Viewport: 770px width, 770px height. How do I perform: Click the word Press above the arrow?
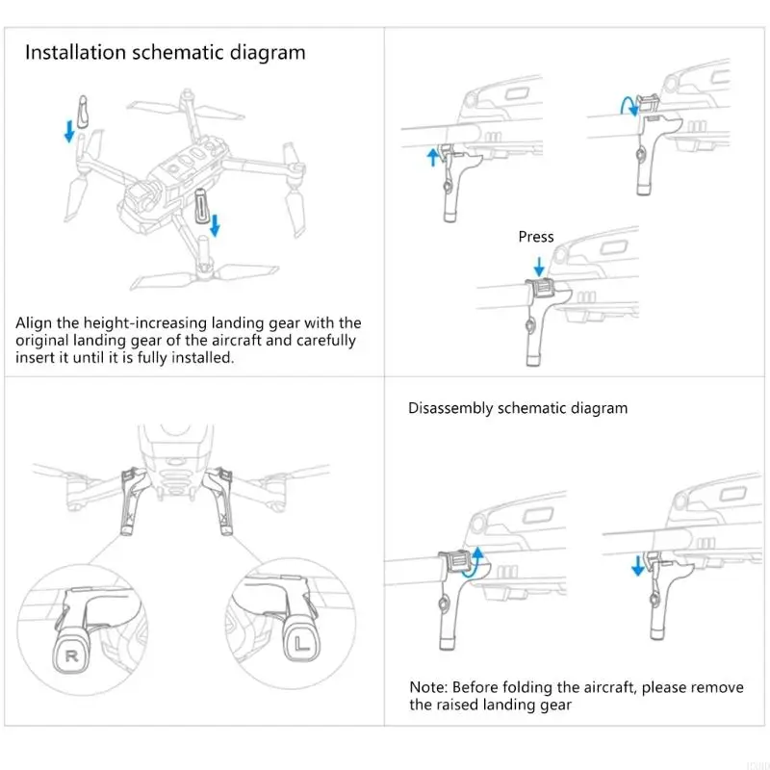click(536, 237)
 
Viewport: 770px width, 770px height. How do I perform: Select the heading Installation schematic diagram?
click(165, 52)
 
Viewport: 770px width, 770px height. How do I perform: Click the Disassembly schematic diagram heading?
click(518, 408)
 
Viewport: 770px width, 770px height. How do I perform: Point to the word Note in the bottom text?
click(427, 687)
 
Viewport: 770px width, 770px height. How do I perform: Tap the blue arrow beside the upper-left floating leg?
click(68, 131)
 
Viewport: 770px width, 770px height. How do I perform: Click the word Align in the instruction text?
click(35, 323)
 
